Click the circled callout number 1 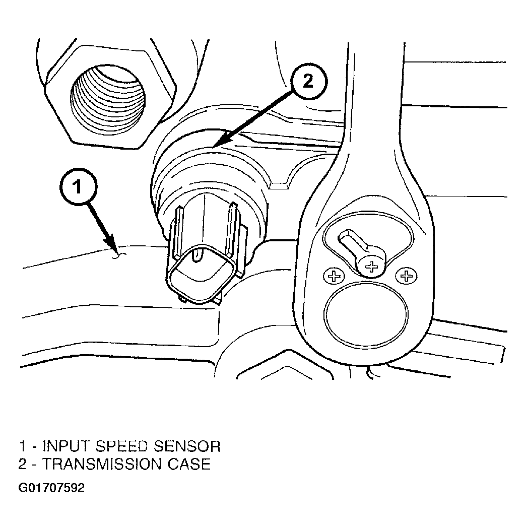pos(78,186)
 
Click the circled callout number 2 pos(308,82)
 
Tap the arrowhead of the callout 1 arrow pos(113,249)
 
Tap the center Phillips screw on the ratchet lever pos(371,267)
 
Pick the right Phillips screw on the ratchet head pos(406,276)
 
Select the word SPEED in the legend pos(122,446)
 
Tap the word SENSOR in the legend pos(187,446)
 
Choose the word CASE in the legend pos(189,464)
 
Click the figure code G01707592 pos(51,488)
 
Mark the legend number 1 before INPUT pos(23,446)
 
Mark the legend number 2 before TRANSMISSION pos(23,464)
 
